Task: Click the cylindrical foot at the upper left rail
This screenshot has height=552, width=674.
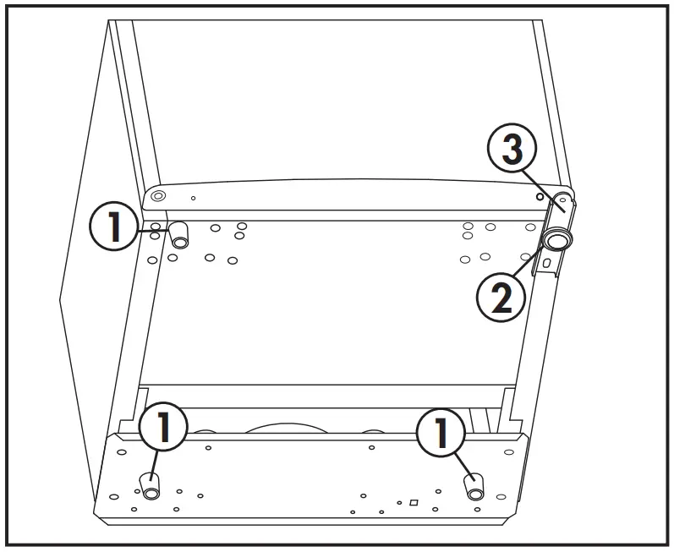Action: coord(179,236)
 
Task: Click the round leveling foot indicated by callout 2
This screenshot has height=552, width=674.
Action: coord(556,241)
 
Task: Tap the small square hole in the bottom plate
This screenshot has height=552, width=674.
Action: coord(413,503)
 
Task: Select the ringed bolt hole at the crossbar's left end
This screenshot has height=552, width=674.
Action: coord(157,196)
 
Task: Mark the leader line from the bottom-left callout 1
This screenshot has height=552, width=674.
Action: coord(156,464)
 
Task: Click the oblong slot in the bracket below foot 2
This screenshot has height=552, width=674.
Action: coord(546,265)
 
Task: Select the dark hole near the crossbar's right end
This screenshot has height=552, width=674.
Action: coord(540,194)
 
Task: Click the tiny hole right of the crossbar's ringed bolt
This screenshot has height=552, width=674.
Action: coord(194,198)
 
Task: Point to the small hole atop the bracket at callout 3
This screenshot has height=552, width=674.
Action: coord(562,201)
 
